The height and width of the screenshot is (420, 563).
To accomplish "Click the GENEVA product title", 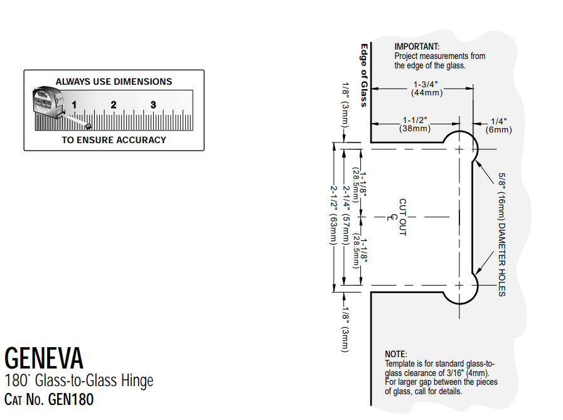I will coord(43,358).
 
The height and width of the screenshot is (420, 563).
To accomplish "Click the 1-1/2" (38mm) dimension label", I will coord(415,124).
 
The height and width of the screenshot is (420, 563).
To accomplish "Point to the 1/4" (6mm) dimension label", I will coord(498,126).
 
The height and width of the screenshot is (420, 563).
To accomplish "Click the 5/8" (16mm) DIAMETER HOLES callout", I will coord(502,234).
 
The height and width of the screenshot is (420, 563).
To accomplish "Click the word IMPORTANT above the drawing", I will coord(417,46).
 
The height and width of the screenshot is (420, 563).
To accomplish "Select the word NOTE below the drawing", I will coord(395,355).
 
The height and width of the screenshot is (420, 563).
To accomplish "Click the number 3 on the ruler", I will coord(153,105).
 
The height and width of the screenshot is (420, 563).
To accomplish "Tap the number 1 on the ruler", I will coord(74,105).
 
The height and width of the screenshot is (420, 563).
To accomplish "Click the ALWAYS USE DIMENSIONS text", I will coord(114,82).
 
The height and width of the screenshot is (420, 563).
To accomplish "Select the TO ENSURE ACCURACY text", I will coord(114,140).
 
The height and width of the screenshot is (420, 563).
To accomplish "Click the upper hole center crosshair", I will coord(460,149).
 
